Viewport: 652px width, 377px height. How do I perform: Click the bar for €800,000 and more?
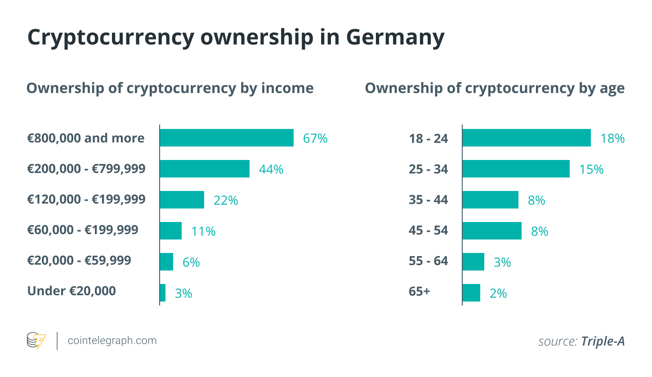pyautogui.click(x=227, y=138)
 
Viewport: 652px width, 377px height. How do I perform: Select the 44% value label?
pyautogui.click(x=271, y=169)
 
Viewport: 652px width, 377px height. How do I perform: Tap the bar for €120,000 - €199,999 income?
pyautogui.click(x=182, y=200)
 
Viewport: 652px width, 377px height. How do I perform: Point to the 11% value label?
pyautogui.click(x=203, y=231)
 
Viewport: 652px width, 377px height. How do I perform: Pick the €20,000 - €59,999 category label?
pyautogui.click(x=79, y=260)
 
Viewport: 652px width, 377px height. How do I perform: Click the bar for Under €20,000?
pyautogui.click(x=163, y=293)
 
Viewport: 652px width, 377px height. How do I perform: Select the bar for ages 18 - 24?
pyautogui.click(x=527, y=138)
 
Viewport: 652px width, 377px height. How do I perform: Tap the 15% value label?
pyautogui.click(x=591, y=169)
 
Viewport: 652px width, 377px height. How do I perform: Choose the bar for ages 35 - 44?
pyautogui.click(x=491, y=200)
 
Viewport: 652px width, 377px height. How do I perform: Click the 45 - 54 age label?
pyautogui.click(x=429, y=231)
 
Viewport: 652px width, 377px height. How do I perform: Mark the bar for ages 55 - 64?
pyautogui.click(x=473, y=262)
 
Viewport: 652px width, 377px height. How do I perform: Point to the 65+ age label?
pyautogui.click(x=420, y=291)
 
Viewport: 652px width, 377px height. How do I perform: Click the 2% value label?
pyautogui.click(x=498, y=293)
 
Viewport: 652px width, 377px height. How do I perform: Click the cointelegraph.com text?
pyautogui.click(x=112, y=341)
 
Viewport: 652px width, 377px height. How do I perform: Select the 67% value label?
pyautogui.click(x=315, y=138)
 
